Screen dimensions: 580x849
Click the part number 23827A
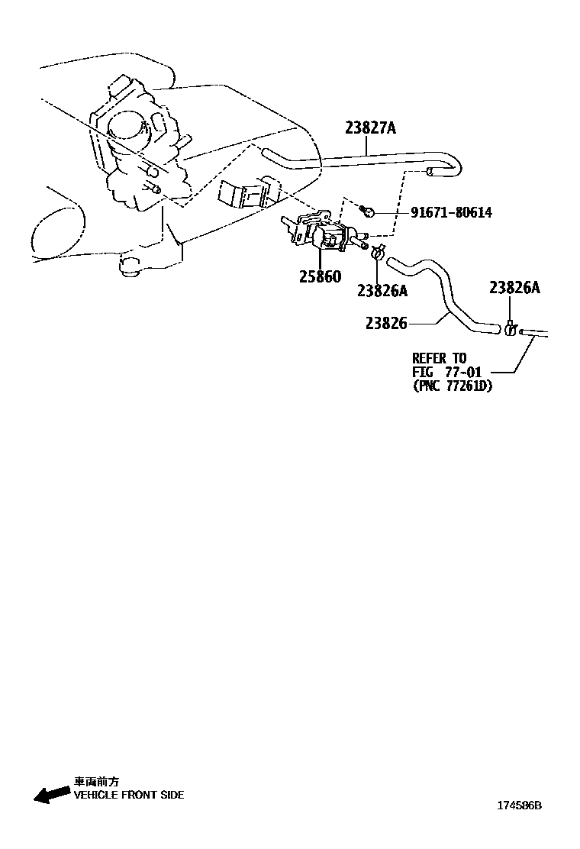point(370,128)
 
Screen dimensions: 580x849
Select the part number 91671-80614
point(451,212)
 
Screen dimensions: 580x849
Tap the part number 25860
point(320,276)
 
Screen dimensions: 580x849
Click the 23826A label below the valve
point(382,290)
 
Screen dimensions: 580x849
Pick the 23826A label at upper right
point(514,287)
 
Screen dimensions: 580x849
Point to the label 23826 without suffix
point(386,324)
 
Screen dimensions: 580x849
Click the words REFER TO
point(439,358)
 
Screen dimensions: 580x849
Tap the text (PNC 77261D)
point(452,386)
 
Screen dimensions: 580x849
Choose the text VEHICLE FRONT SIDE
point(128,795)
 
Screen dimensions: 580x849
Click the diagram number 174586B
point(519,805)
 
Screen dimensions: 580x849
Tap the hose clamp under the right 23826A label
point(510,329)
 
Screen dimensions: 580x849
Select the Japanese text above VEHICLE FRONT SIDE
point(96,782)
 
